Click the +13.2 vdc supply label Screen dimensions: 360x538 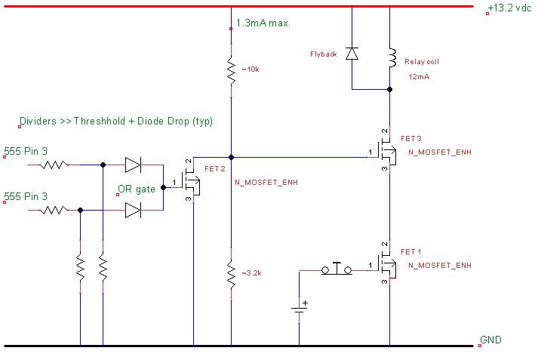pyautogui.click(x=511, y=8)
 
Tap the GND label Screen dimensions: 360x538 pyautogui.click(x=490, y=340)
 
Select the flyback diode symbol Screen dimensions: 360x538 pyautogui.click(x=352, y=53)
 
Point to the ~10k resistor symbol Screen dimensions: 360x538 pyautogui.click(x=231, y=70)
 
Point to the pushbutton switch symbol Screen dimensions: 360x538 pyautogui.click(x=337, y=269)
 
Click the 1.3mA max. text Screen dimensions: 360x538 pyautogui.click(x=263, y=23)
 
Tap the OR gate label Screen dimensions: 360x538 pyautogui.click(x=137, y=189)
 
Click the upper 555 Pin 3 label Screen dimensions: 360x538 pyautogui.click(x=26, y=152)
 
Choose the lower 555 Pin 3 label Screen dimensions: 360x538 pyautogui.click(x=26, y=196)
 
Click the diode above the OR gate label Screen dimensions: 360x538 pyautogui.click(x=133, y=163)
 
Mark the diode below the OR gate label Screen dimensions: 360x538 pyautogui.click(x=133, y=211)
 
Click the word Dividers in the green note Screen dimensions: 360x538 pyautogui.click(x=38, y=122)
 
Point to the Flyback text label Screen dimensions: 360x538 pyautogui.click(x=322, y=54)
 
